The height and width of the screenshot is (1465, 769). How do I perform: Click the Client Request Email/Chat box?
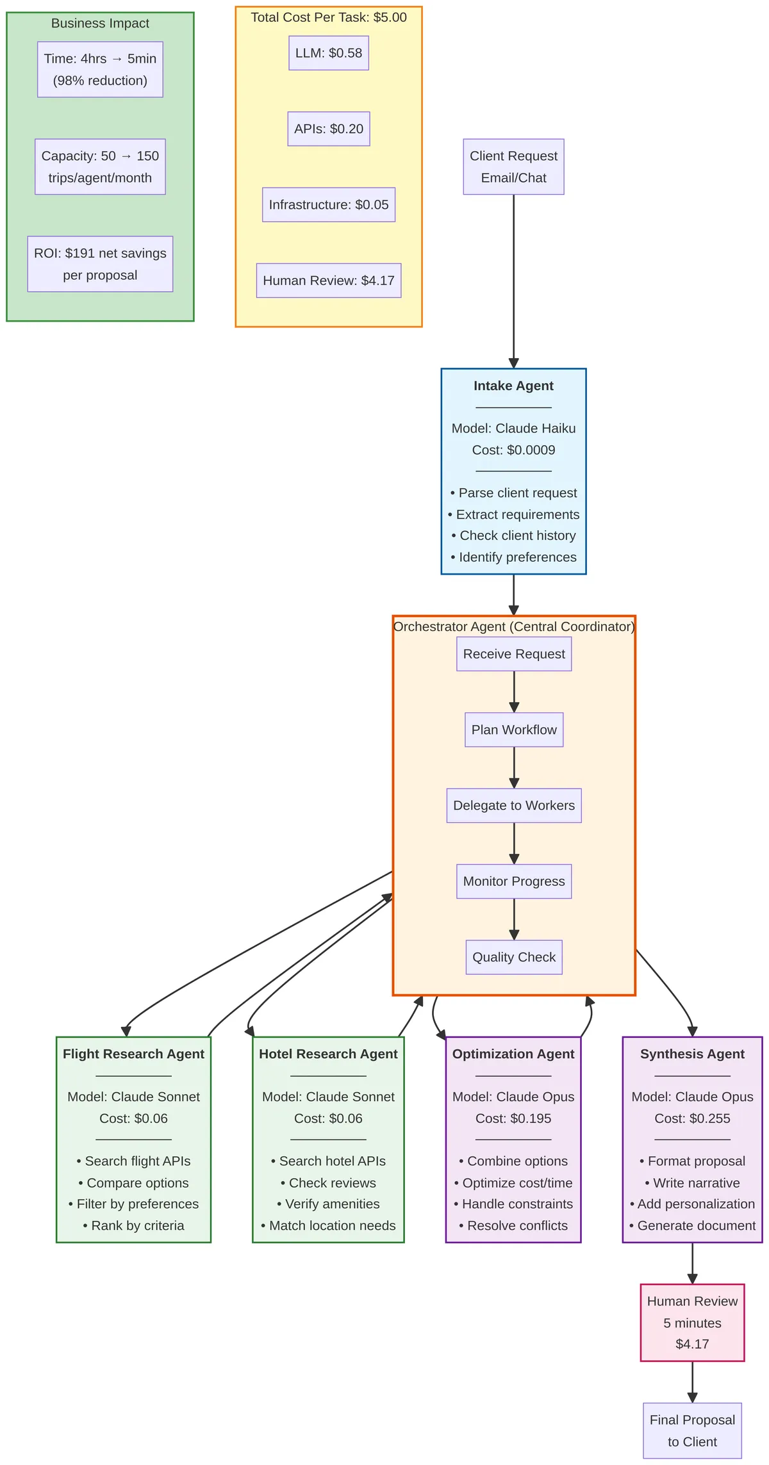(x=513, y=167)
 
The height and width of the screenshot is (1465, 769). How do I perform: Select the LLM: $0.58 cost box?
(x=328, y=53)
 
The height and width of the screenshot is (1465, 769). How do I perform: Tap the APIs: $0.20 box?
(x=328, y=129)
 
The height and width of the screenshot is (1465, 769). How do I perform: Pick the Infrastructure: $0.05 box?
(x=328, y=205)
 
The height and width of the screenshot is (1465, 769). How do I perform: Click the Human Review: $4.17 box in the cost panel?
(x=328, y=281)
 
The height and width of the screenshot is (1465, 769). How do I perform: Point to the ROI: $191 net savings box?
(x=100, y=264)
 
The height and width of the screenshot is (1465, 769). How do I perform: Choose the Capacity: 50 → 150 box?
(x=100, y=167)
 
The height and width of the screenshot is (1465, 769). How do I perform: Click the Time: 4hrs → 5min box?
(x=100, y=69)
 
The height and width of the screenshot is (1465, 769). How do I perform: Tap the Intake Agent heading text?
(x=513, y=386)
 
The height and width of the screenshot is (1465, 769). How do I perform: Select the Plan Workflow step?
(x=514, y=730)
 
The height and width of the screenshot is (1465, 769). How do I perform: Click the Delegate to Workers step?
(x=514, y=805)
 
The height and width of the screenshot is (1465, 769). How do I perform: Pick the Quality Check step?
(x=514, y=957)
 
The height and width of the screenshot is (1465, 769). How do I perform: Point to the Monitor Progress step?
(x=514, y=881)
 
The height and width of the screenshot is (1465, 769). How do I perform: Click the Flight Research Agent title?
(x=133, y=1054)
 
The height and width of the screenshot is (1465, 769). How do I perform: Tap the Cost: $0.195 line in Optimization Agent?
(x=513, y=1118)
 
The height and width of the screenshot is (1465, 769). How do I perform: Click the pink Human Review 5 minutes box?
(x=692, y=1322)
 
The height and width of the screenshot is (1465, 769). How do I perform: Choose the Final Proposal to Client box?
(x=692, y=1430)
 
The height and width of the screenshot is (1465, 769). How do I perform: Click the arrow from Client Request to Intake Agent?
(x=513, y=282)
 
